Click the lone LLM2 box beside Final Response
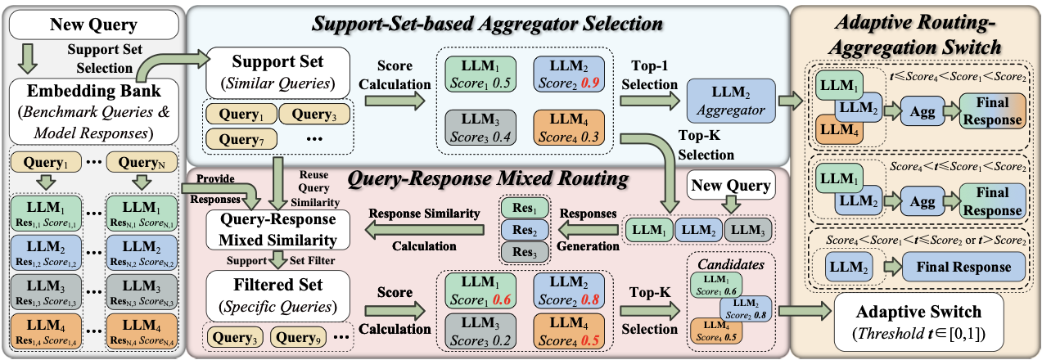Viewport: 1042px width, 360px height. (x=844, y=267)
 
